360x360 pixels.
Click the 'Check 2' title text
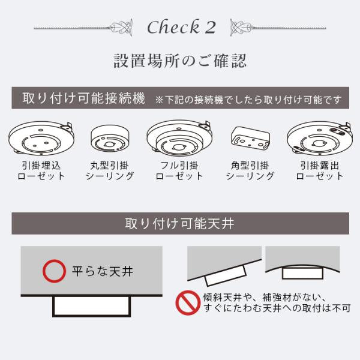[181, 27]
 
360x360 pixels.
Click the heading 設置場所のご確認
[180, 61]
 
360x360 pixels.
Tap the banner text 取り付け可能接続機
[83, 98]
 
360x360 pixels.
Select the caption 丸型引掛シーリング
[110, 170]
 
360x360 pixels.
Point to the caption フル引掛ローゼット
[179, 170]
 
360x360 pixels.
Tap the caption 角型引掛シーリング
[250, 170]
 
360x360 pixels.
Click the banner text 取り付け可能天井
[179, 224]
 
